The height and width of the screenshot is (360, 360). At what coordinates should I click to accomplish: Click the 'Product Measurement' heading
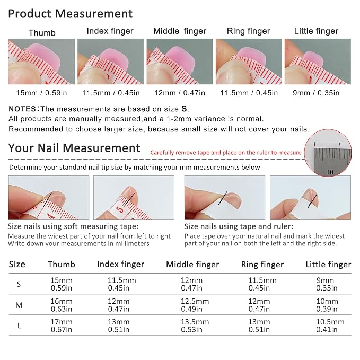tap(71, 14)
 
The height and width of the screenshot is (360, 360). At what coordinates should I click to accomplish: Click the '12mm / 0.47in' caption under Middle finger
tap(180, 93)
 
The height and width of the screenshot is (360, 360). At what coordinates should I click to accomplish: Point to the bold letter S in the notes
tap(185, 109)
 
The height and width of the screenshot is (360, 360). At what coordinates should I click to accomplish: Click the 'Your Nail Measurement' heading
tap(74, 148)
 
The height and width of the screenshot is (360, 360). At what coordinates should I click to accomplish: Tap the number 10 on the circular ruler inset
tap(330, 172)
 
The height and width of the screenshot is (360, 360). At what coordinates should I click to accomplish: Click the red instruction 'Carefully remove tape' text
tap(226, 153)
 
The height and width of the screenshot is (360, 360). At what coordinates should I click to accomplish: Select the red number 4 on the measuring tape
tap(51, 216)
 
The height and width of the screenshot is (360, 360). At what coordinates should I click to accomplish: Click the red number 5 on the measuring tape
tap(120, 210)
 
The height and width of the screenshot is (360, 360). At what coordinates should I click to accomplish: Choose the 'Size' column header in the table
tap(17, 264)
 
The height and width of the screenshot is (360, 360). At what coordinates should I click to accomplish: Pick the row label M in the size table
tap(19, 305)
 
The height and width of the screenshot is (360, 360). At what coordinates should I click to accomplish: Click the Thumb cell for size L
tap(62, 326)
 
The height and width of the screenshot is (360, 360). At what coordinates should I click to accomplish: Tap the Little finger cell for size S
tap(327, 284)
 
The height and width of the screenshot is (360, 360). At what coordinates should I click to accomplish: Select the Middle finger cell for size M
tap(195, 305)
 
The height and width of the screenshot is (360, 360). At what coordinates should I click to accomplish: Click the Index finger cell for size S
tap(122, 284)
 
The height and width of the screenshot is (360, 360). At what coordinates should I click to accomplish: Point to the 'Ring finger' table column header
tap(262, 265)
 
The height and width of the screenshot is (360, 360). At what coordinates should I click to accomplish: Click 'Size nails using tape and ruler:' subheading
tap(239, 226)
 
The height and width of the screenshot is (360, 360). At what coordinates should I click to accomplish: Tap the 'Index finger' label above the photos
tap(110, 31)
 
